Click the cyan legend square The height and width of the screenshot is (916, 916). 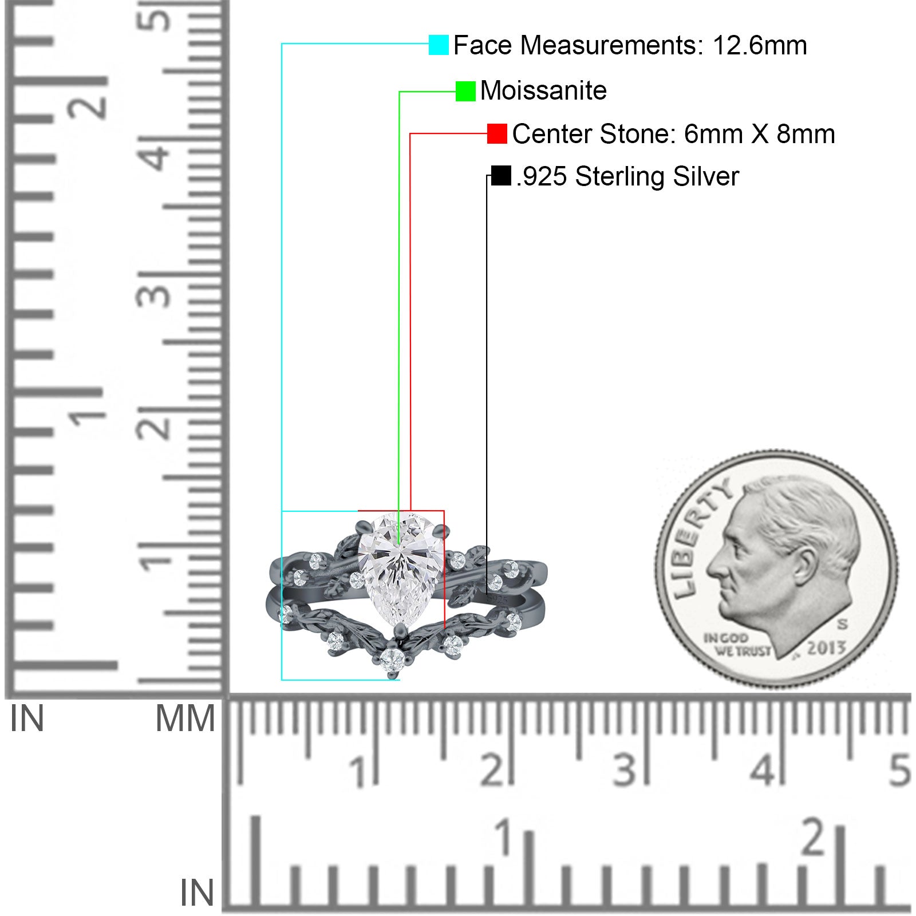(439, 45)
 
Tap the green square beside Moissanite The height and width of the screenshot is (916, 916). (465, 91)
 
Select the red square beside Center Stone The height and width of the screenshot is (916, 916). (497, 134)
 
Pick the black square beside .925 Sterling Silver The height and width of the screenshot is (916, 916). (501, 176)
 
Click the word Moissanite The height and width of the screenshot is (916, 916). (543, 90)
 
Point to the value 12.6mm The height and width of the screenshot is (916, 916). (760, 45)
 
